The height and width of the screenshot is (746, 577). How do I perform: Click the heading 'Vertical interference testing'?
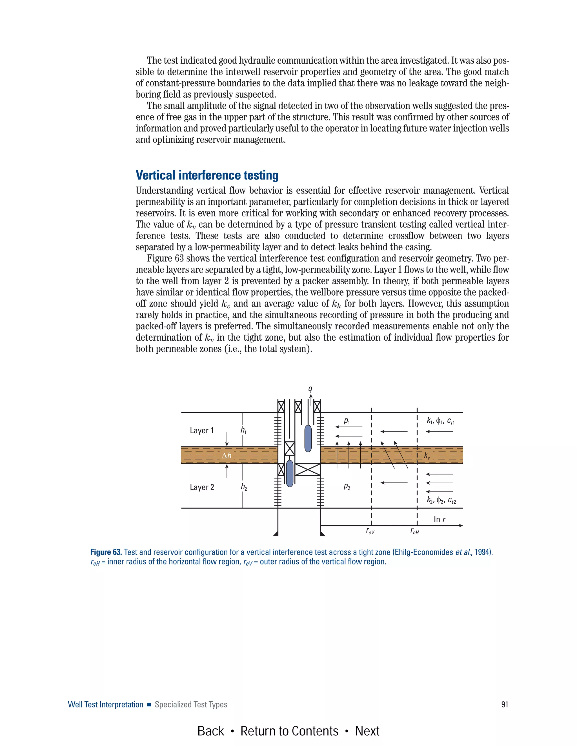point(207,175)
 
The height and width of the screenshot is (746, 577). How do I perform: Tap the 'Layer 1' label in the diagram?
point(202,430)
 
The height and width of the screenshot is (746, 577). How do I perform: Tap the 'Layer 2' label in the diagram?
point(202,487)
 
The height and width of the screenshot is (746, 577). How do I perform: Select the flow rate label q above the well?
point(310,389)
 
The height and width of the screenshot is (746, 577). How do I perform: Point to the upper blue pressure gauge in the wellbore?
point(308,438)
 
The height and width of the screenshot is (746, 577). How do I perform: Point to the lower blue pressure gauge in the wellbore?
point(290,473)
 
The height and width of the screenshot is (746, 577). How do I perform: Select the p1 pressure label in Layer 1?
point(347,421)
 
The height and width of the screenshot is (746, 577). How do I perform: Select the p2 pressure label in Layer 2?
point(347,486)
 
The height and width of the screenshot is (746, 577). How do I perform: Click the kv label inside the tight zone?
point(427,456)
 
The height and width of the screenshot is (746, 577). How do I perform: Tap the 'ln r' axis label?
point(439,520)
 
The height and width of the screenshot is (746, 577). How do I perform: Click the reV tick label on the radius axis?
point(370,531)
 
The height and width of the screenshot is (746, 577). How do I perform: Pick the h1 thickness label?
point(243,430)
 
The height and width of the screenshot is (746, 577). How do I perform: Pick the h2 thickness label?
point(243,487)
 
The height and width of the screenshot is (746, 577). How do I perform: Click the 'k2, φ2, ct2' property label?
point(441,501)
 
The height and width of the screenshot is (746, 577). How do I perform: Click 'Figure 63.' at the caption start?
point(106,552)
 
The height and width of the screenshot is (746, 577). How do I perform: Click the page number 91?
point(505,704)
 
